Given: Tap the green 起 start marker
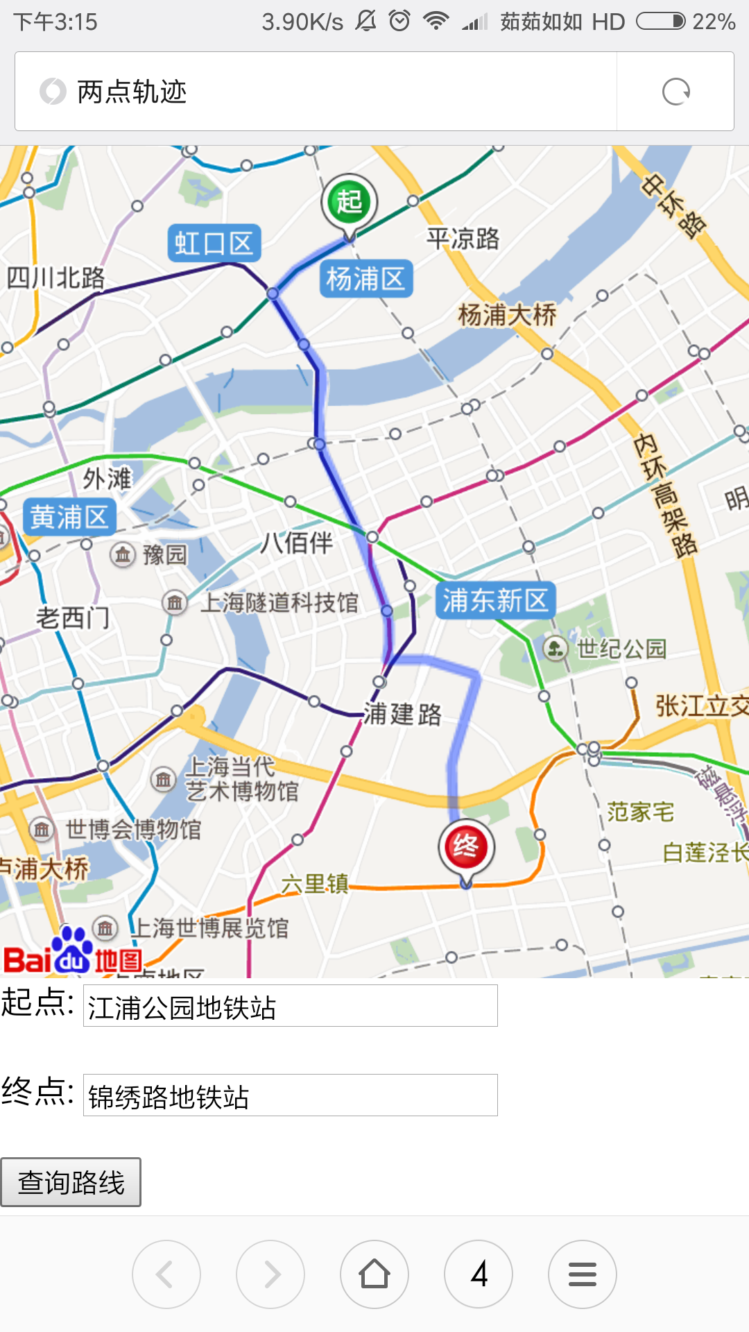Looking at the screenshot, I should pyautogui.click(x=349, y=202).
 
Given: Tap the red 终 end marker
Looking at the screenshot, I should pyautogui.click(x=466, y=847).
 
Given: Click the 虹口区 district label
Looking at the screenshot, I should pyautogui.click(x=214, y=244).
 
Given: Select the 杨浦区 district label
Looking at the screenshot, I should pyautogui.click(x=365, y=279).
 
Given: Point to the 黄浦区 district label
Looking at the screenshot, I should pyautogui.click(x=69, y=518).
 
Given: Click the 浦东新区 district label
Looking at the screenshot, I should pyautogui.click(x=495, y=601).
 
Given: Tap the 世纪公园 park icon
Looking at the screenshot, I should pyautogui.click(x=555, y=649).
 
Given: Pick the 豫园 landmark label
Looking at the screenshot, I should pyautogui.click(x=164, y=555).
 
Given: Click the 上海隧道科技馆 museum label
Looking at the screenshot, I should pyautogui.click(x=279, y=603).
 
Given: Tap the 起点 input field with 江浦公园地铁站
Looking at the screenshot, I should pyautogui.click(x=290, y=1007).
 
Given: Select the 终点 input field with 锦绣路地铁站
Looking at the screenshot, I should pyautogui.click(x=290, y=1095).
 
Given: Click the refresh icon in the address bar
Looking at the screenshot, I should pyautogui.click(x=675, y=92).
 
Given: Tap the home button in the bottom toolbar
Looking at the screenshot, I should pyautogui.click(x=374, y=1274).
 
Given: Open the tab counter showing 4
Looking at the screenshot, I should pyautogui.click(x=479, y=1274).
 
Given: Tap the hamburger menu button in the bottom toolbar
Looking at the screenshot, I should pyautogui.click(x=583, y=1274).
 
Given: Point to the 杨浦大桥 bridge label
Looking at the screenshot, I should pyautogui.click(x=507, y=315).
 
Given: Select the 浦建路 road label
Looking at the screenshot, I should pyautogui.click(x=403, y=714).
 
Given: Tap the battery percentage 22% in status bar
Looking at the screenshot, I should pyautogui.click(x=714, y=22).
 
